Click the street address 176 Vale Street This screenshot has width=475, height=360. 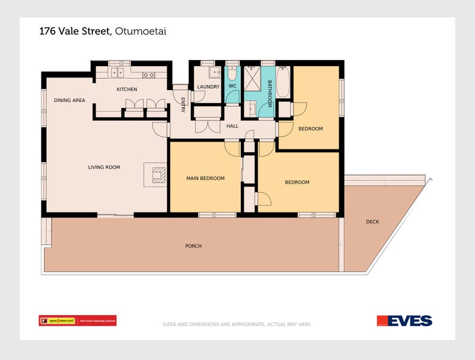(74, 31)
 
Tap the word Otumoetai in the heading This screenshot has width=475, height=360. (140, 31)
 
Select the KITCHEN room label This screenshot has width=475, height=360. (127, 89)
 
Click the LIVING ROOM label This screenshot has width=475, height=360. (104, 167)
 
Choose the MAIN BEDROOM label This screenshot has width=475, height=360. (205, 178)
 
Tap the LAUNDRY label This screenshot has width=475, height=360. (208, 87)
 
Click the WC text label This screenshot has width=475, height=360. (232, 86)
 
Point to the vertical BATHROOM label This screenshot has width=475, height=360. (270, 93)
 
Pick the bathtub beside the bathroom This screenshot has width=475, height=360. (284, 82)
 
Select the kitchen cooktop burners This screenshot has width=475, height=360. (148, 75)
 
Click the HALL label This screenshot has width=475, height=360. (232, 127)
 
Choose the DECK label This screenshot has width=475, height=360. (372, 222)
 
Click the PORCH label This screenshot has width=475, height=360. (193, 246)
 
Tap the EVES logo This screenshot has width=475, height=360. (404, 320)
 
